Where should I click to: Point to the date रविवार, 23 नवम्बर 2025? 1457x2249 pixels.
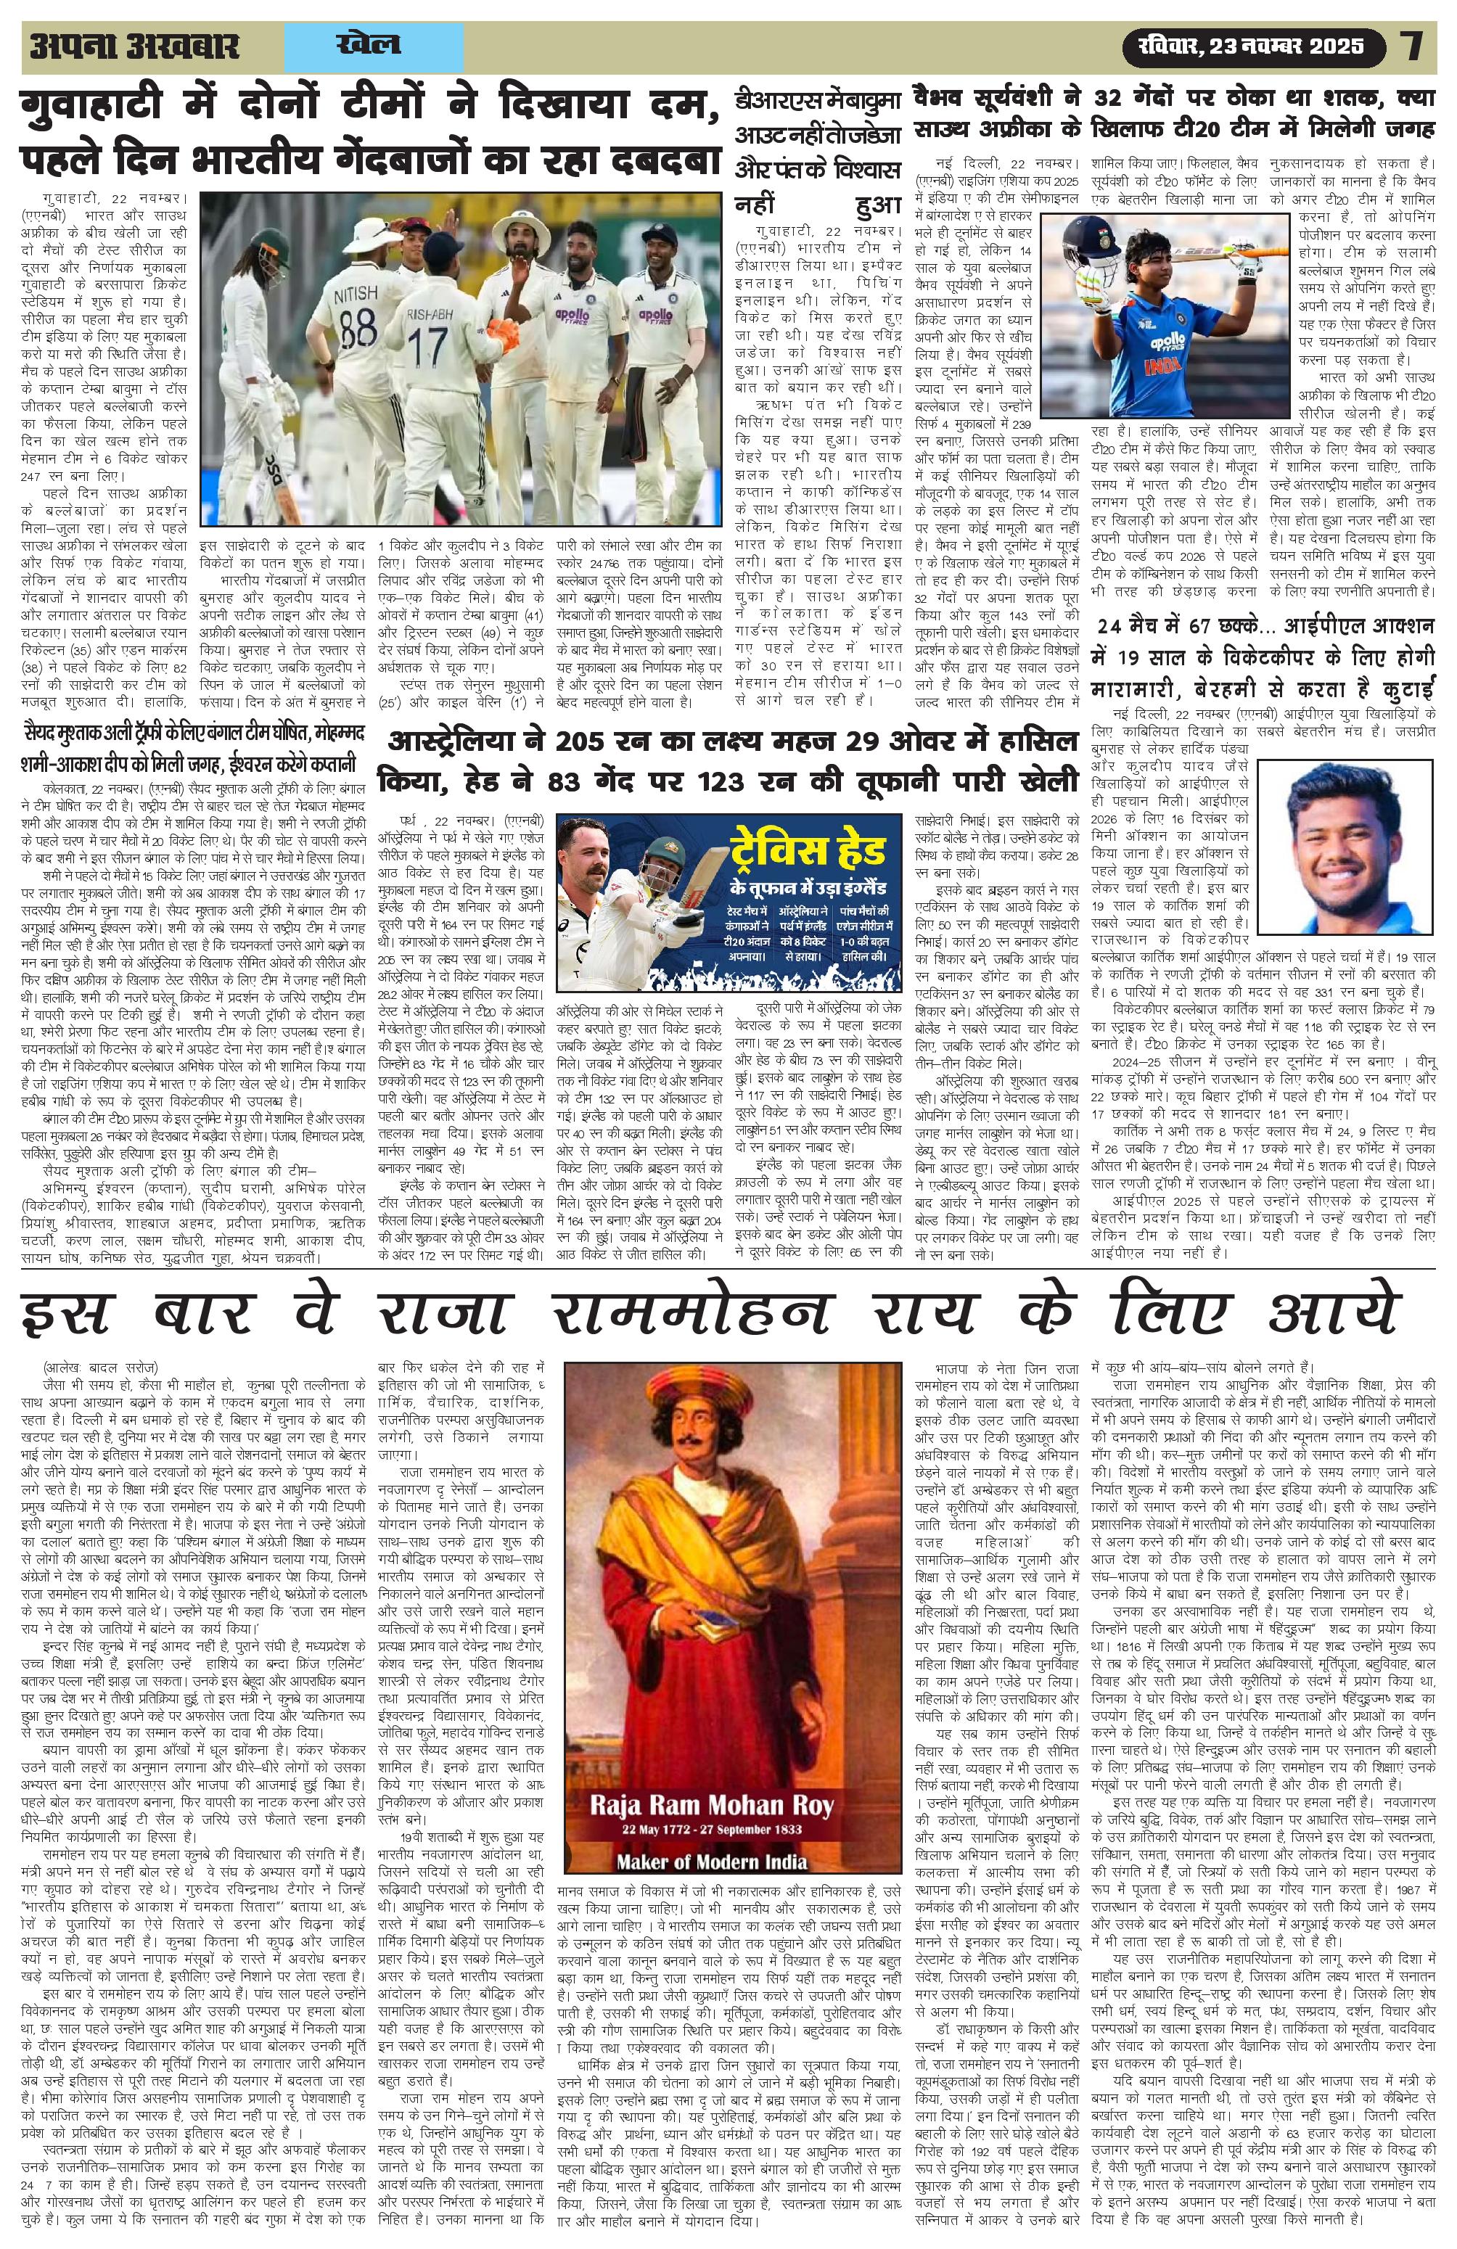coord(1244,46)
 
